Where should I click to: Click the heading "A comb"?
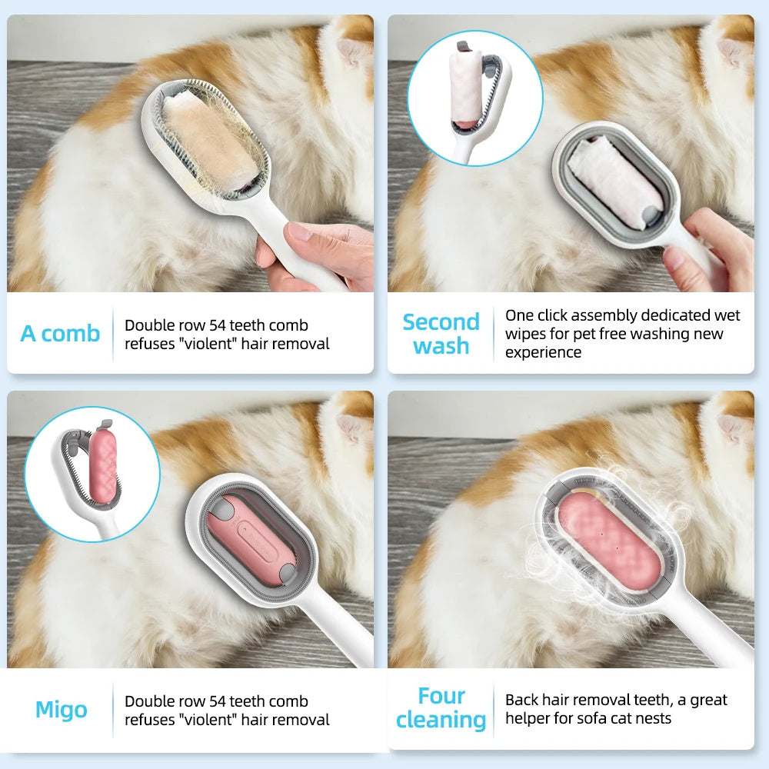click(60, 334)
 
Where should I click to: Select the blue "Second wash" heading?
click(441, 334)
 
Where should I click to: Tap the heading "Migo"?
click(61, 710)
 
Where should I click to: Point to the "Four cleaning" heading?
click(441, 707)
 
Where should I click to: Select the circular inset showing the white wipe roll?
click(474, 98)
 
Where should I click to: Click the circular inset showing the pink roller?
click(92, 473)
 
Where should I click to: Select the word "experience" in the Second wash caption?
click(543, 352)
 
